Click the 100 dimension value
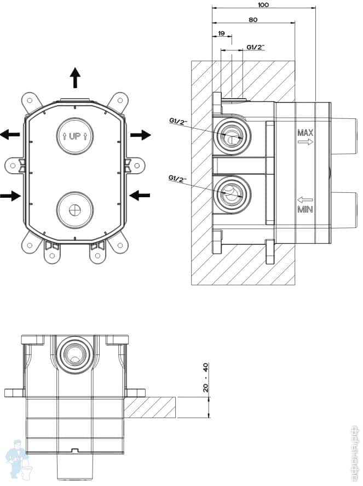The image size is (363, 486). click(263, 4)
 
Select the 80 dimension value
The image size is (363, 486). click(253, 19)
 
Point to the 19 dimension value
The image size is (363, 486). click(221, 34)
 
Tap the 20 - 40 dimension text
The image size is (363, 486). click(206, 378)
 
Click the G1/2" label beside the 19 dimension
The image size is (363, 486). click(255, 48)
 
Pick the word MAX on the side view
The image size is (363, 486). click(305, 133)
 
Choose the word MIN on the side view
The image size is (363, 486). click(305, 209)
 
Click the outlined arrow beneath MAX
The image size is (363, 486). click(305, 142)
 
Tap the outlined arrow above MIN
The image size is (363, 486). click(305, 200)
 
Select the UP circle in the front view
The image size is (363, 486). click(75, 135)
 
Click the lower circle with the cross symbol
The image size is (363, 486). click(75, 209)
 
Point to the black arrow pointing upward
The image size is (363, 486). click(75, 78)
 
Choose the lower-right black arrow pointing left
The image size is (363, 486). click(140, 194)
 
